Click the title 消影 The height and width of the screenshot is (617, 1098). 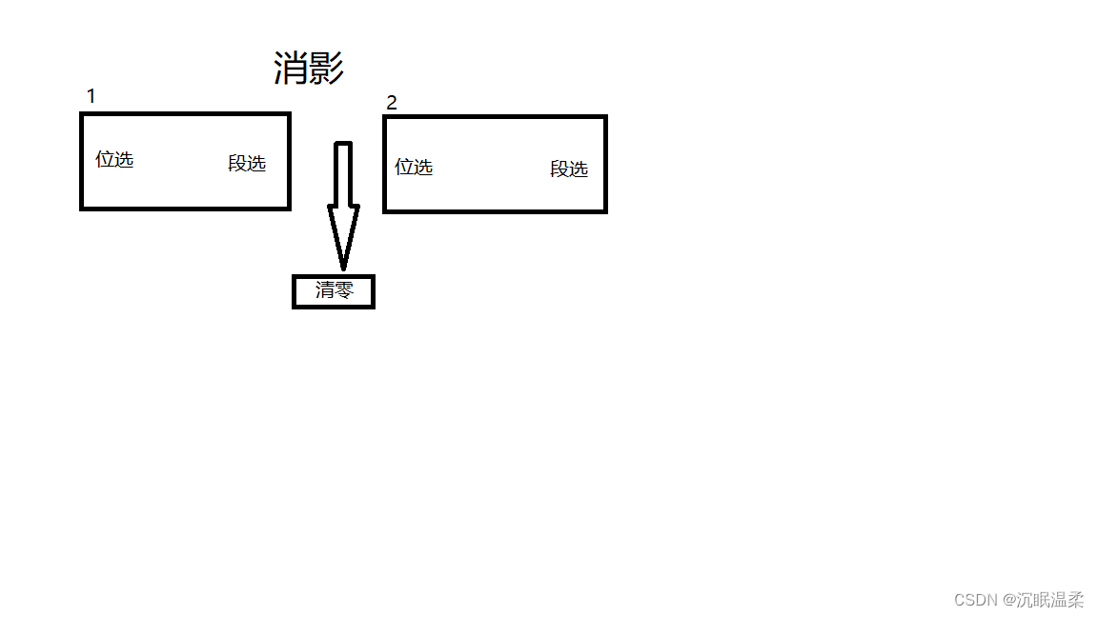308,69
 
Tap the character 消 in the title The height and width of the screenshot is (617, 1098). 291,69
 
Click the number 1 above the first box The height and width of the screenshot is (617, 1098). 91,96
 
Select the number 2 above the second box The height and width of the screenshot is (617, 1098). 392,103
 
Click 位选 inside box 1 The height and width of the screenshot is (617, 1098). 114,159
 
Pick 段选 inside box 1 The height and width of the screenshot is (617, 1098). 247,163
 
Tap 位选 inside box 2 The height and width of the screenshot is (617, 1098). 414,167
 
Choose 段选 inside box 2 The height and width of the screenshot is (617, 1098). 569,169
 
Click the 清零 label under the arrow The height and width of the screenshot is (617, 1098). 334,290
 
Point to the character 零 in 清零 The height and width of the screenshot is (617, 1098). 343,290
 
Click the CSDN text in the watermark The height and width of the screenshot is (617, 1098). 975,600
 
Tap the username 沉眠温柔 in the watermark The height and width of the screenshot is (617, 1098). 1049,600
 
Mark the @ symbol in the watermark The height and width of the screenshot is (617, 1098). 1007,600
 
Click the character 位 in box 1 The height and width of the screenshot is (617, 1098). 105,159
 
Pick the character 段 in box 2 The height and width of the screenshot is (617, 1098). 559,169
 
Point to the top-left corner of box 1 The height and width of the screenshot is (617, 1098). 82,114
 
